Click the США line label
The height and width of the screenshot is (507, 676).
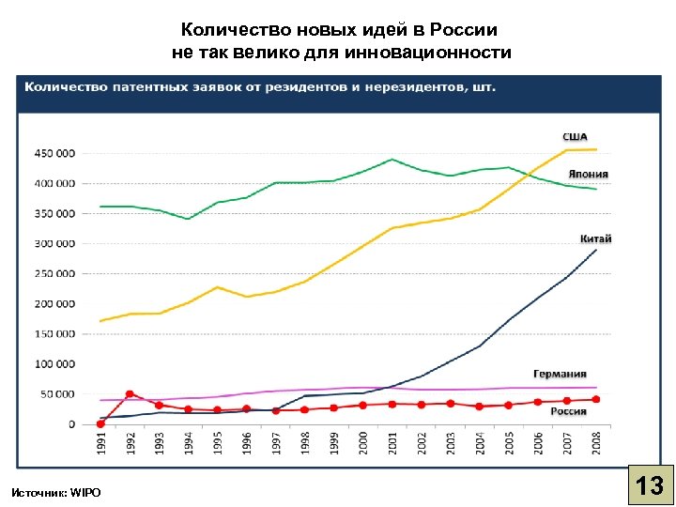coord(575,137)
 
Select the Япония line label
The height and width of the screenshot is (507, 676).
coord(588,174)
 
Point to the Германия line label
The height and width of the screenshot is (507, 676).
coord(560,374)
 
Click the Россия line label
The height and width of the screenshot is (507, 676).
coord(568,411)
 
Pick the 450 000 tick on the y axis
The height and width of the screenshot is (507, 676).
coord(54,153)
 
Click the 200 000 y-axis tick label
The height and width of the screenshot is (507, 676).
coord(54,304)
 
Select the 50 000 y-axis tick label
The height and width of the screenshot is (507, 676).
coord(57,394)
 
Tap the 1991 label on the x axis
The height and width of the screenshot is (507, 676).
coord(101,444)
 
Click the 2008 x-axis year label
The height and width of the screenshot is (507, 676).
coord(596,444)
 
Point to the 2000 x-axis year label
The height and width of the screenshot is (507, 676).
coord(363,444)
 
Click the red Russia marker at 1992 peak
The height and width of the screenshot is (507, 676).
coord(130,394)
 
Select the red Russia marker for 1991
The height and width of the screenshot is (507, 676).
coord(100,423)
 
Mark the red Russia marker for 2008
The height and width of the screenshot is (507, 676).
coord(596,399)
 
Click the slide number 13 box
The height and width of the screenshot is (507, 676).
coord(649,485)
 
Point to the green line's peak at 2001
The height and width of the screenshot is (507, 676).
coord(392,160)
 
